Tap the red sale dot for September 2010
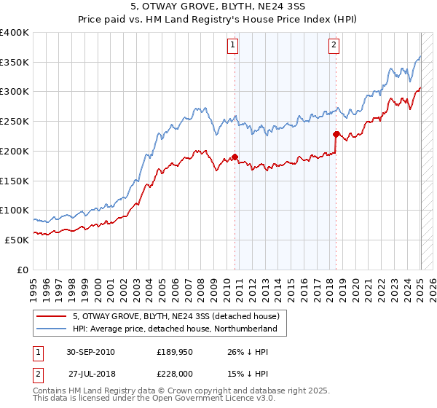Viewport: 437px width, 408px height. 235,157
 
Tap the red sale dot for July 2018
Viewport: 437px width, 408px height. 336,134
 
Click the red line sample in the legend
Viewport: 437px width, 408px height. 52,316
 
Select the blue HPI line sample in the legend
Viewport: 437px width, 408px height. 52,329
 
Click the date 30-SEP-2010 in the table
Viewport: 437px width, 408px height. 90,352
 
